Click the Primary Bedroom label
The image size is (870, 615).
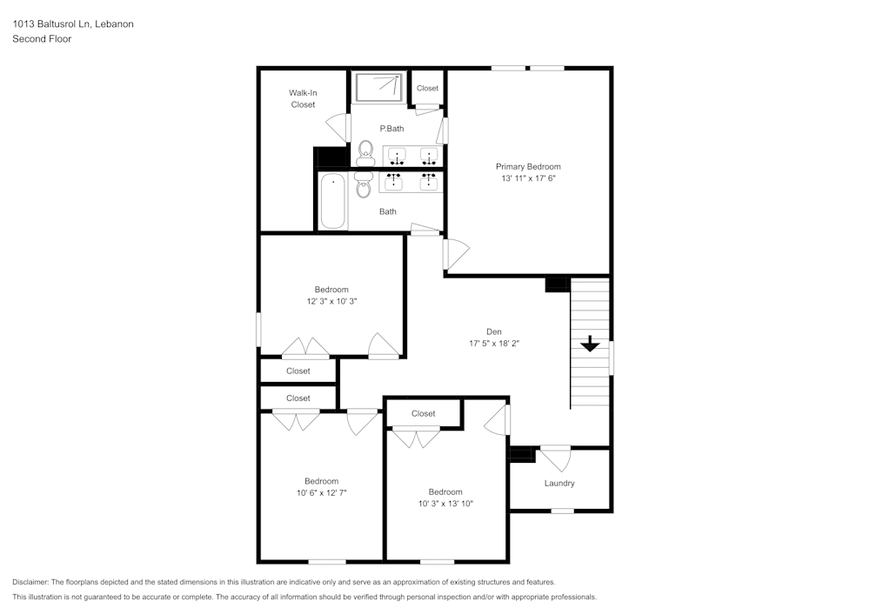pyautogui.click(x=528, y=166)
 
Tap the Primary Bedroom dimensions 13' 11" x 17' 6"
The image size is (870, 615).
pyautogui.click(x=528, y=178)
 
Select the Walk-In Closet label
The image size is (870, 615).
pyautogui.click(x=303, y=98)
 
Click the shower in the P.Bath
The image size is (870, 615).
pyautogui.click(x=378, y=87)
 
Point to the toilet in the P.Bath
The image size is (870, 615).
pyautogui.click(x=365, y=153)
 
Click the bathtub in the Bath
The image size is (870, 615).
pyautogui.click(x=332, y=201)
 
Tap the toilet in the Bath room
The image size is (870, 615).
pyautogui.click(x=364, y=184)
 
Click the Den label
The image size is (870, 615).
pyautogui.click(x=493, y=331)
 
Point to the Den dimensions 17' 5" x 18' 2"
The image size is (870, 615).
pyautogui.click(x=493, y=343)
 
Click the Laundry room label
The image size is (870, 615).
pyautogui.click(x=559, y=483)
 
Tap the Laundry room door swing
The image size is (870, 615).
pyautogui.click(x=554, y=458)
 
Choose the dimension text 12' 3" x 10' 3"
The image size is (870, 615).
pyautogui.click(x=331, y=301)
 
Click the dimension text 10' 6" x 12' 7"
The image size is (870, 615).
pyautogui.click(x=321, y=492)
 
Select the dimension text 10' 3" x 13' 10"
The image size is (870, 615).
pyautogui.click(x=445, y=503)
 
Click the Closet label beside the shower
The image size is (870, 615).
pyautogui.click(x=427, y=88)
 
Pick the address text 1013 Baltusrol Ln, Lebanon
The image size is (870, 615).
pyautogui.click(x=72, y=24)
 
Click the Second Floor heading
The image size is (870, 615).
pyautogui.click(x=42, y=39)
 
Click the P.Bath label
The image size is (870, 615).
pyautogui.click(x=391, y=129)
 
